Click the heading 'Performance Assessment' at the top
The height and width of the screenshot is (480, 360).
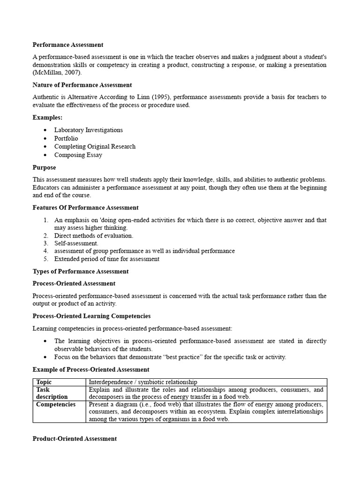68,45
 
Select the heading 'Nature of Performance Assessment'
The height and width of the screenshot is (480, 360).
82,85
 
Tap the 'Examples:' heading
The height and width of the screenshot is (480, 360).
47,117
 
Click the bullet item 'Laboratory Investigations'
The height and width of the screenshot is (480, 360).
89,130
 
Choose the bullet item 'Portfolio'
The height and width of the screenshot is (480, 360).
66,138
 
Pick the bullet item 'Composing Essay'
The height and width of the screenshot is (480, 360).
78,155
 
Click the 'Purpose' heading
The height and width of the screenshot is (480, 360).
44,167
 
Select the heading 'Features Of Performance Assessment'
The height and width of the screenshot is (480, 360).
85,208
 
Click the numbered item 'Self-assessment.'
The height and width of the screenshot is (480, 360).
76,243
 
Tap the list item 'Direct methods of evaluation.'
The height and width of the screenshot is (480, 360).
94,236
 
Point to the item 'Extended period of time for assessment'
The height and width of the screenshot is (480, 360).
107,259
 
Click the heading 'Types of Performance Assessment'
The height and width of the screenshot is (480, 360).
81,271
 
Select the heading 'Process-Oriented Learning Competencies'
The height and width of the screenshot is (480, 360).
91,316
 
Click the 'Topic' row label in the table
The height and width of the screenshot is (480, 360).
44,382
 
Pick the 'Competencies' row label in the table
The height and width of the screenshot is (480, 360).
56,405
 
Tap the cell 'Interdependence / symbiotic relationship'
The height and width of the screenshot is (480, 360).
143,382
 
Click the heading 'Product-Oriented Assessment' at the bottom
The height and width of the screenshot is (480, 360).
75,439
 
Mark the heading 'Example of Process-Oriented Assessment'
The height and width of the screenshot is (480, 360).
91,370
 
